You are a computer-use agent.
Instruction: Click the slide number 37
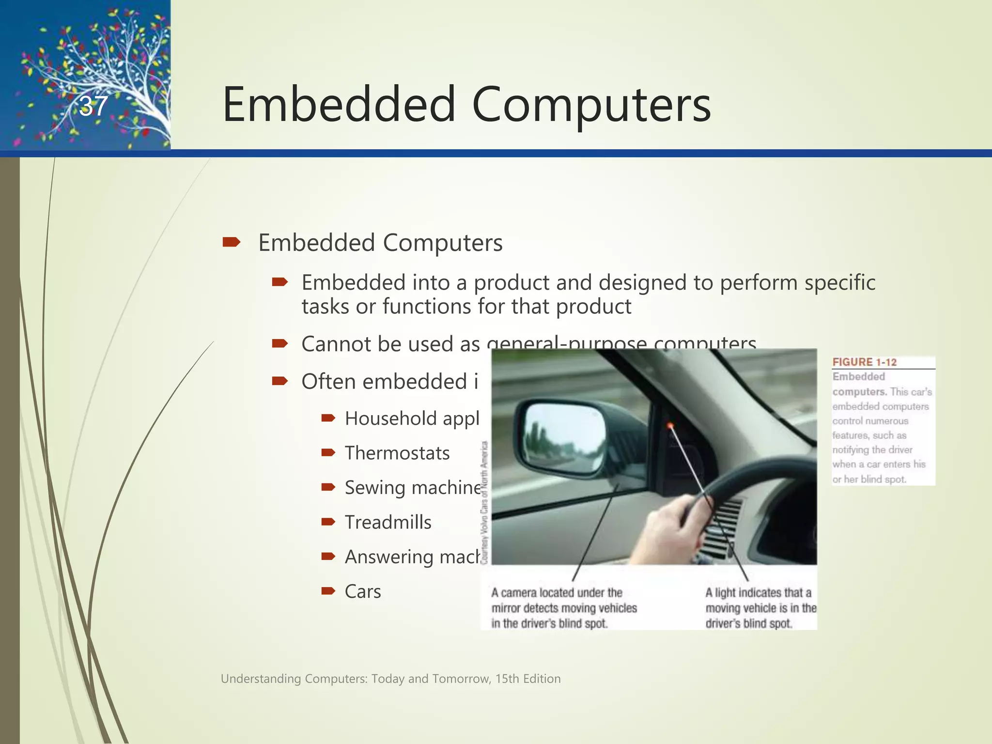(93, 106)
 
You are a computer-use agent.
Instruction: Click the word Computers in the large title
(591, 105)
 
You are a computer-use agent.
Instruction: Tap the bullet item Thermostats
(397, 453)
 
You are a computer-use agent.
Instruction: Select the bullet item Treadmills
(387, 523)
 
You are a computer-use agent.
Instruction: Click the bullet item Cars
(362, 592)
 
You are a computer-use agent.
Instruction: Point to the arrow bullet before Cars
(328, 591)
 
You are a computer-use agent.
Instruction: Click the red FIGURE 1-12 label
(864, 362)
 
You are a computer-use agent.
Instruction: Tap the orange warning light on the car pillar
(670, 425)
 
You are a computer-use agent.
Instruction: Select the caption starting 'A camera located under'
(563, 608)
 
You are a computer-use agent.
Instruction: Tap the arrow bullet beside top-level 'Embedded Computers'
(231, 242)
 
